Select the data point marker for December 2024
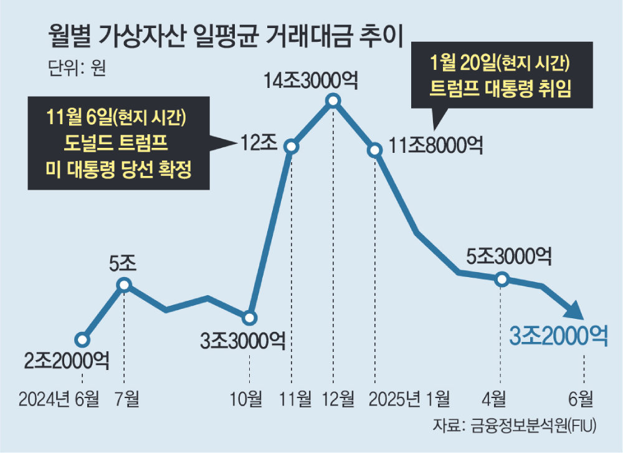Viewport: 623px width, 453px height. point(333,100)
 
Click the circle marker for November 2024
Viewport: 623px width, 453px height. point(292,146)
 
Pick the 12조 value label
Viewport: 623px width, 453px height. point(259,144)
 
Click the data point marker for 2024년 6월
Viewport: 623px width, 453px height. point(82,340)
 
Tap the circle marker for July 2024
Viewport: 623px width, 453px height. point(125,285)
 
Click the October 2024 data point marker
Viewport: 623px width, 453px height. point(250,318)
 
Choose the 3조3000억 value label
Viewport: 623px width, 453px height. point(243,341)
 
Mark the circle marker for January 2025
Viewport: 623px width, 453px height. point(375,150)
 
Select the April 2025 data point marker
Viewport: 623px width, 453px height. point(502,280)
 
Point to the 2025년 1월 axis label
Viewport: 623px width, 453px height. point(409,398)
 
